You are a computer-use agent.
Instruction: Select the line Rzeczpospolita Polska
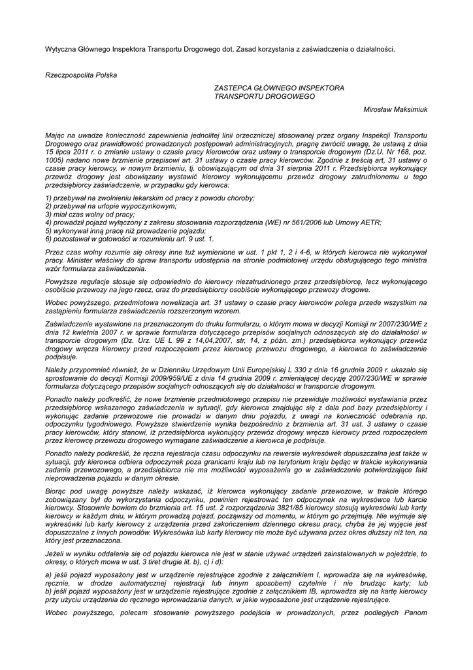81,75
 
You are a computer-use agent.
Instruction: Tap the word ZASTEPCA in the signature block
233,88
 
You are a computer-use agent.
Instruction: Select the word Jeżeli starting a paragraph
56,552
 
